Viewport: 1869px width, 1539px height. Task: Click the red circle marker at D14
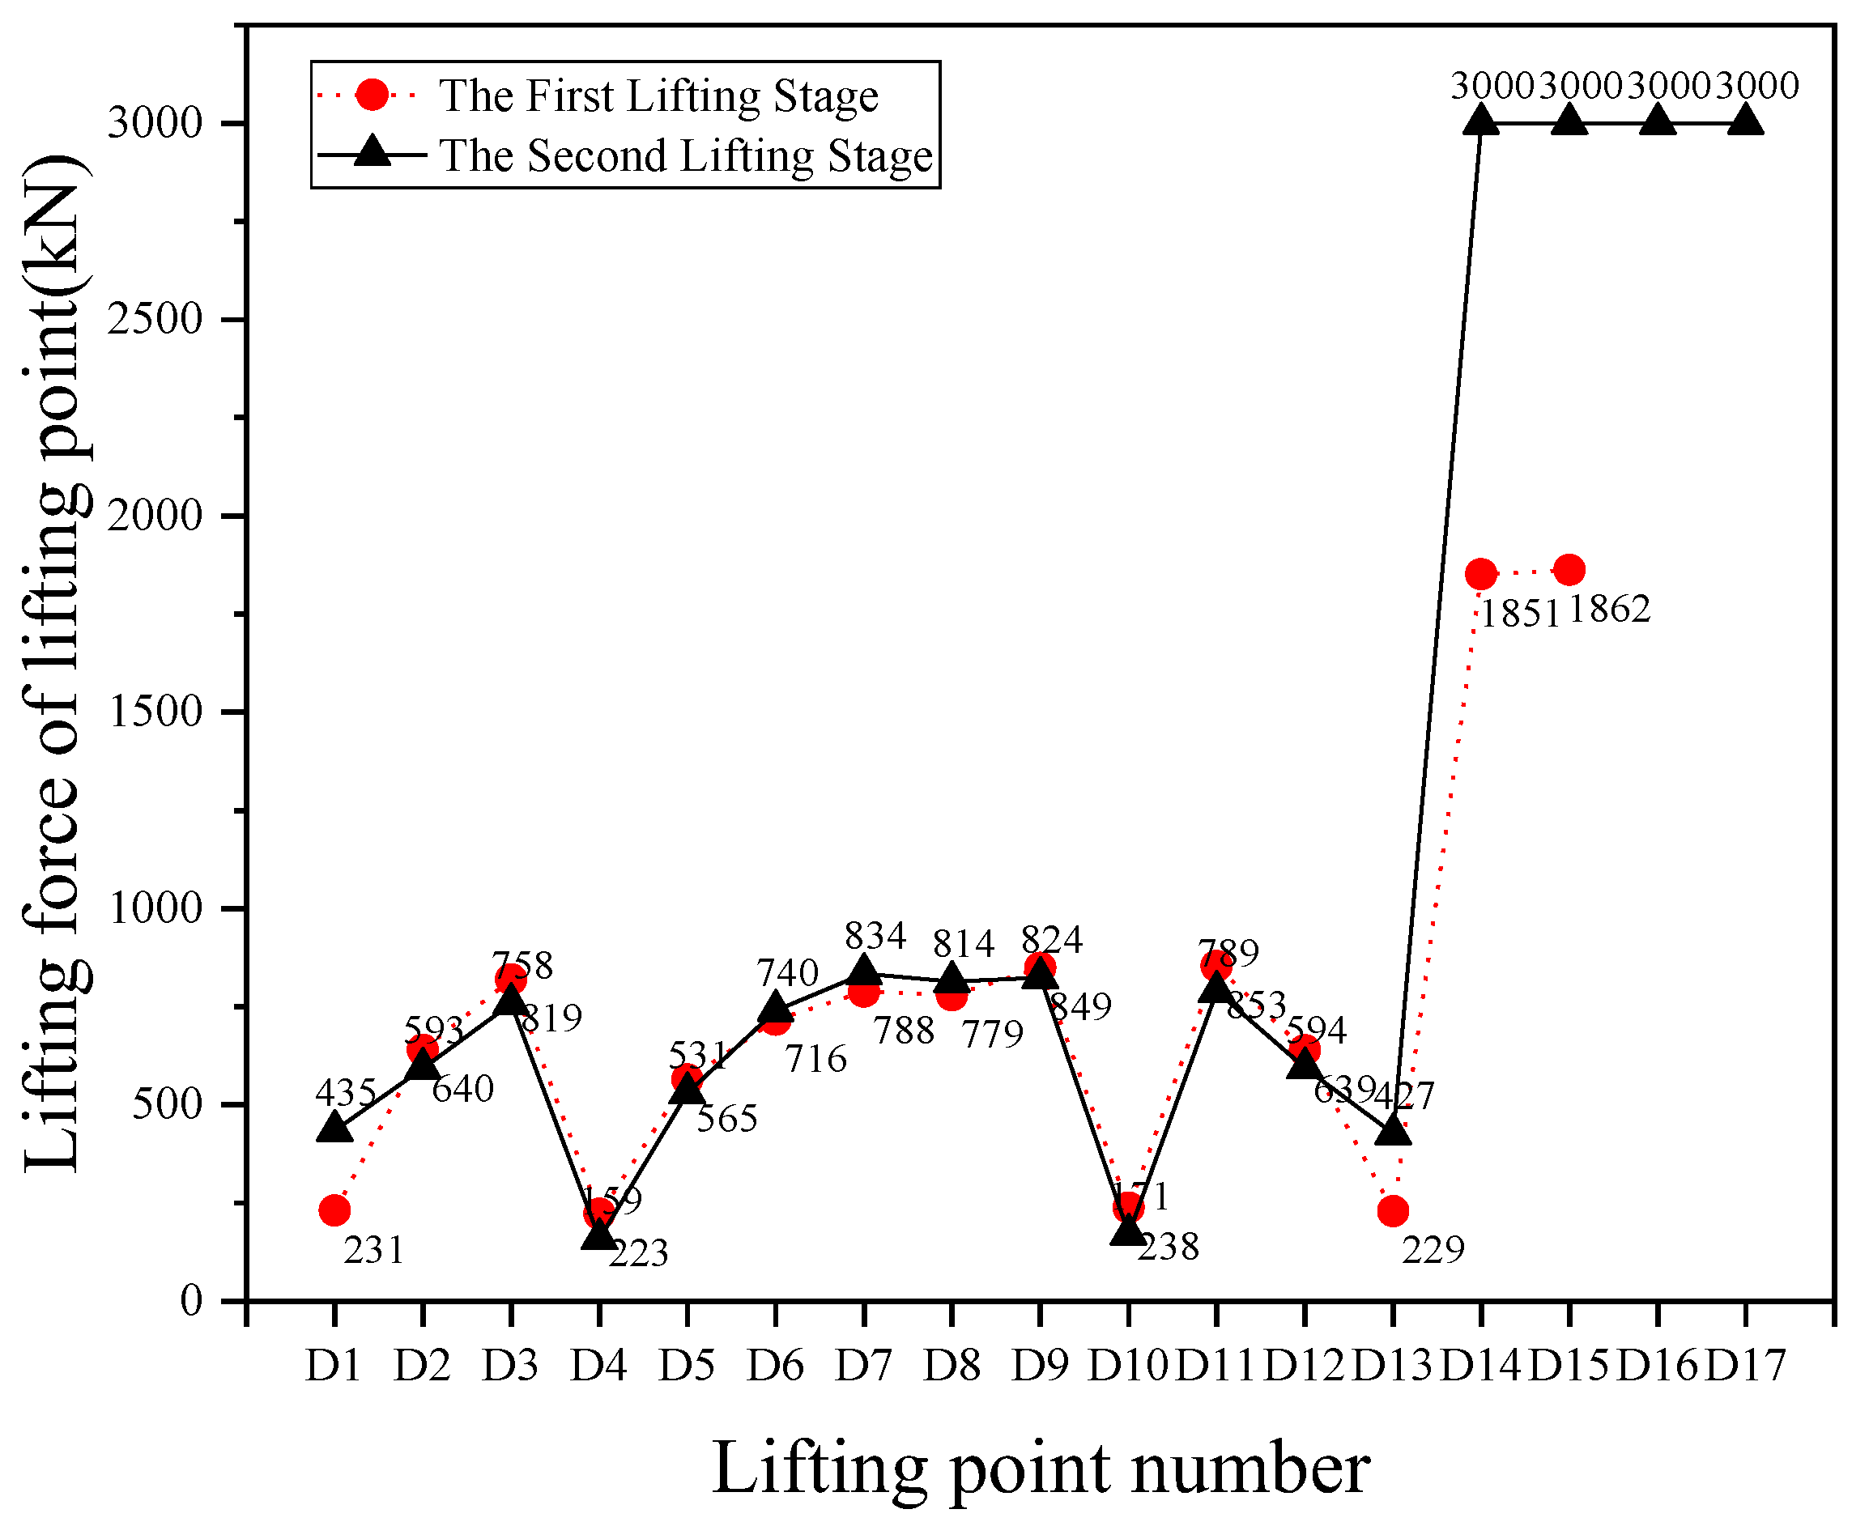1480,573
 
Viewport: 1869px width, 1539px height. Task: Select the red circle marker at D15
1569,569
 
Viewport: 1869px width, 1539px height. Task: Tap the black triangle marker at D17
1746,120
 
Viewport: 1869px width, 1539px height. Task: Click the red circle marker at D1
334,1210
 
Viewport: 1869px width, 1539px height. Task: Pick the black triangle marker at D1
334,1128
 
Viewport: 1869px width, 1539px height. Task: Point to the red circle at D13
1393,1210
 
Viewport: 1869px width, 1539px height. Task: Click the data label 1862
1609,610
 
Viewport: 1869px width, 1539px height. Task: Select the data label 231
373,1251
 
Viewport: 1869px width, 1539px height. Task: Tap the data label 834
875,936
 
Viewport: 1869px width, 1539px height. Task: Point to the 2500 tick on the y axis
155,319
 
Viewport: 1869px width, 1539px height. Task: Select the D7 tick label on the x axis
862,1366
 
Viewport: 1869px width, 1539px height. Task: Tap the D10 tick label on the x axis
1128,1366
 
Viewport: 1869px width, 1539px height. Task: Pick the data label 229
1433,1250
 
